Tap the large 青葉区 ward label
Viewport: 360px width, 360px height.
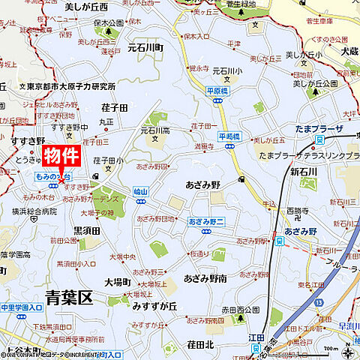click(67, 297)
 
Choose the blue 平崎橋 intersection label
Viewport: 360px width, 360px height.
click(228, 136)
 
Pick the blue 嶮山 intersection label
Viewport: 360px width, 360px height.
click(140, 192)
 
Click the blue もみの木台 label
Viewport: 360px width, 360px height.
click(52, 175)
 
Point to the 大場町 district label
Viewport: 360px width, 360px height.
click(118, 283)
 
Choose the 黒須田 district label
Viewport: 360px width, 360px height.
click(87, 230)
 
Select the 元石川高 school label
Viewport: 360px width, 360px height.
click(154, 130)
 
